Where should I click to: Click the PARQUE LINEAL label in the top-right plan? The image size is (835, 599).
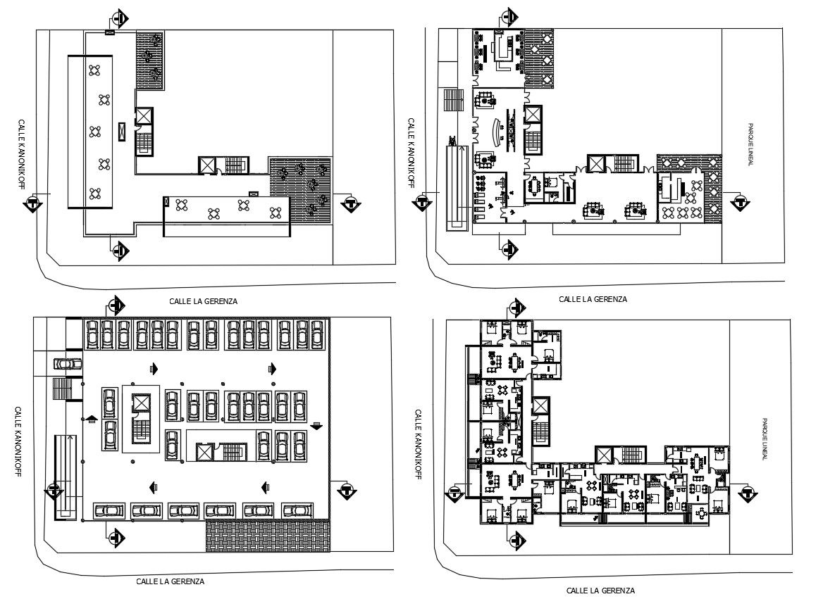(x=750, y=145)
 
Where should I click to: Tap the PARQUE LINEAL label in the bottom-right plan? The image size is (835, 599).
(x=764, y=439)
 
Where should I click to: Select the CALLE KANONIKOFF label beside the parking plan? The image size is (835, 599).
(x=18, y=441)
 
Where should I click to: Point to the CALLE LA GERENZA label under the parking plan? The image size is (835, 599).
(x=171, y=581)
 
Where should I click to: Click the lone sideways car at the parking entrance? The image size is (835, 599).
(x=68, y=364)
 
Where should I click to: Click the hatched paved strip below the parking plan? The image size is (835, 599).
(x=268, y=536)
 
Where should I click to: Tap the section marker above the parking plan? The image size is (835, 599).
(x=116, y=305)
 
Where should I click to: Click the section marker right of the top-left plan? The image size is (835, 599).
(x=351, y=204)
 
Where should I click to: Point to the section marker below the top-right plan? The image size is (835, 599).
(x=510, y=248)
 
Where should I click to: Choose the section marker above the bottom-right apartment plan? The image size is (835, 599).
(x=517, y=307)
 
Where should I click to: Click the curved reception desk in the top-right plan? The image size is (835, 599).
(x=499, y=132)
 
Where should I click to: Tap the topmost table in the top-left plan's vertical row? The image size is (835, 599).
(x=95, y=70)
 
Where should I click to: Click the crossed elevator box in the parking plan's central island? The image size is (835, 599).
(x=141, y=403)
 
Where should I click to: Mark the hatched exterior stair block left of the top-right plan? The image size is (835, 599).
(x=454, y=99)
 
